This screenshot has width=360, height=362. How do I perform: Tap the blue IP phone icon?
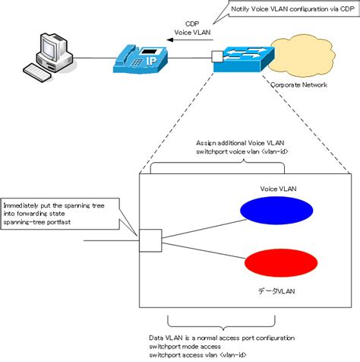(x=140, y=59)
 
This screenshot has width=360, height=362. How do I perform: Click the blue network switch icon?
(x=241, y=59)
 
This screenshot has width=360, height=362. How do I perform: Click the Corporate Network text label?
(x=299, y=85)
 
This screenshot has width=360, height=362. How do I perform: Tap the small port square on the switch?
(x=217, y=56)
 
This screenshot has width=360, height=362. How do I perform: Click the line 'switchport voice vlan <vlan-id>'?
(x=239, y=153)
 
